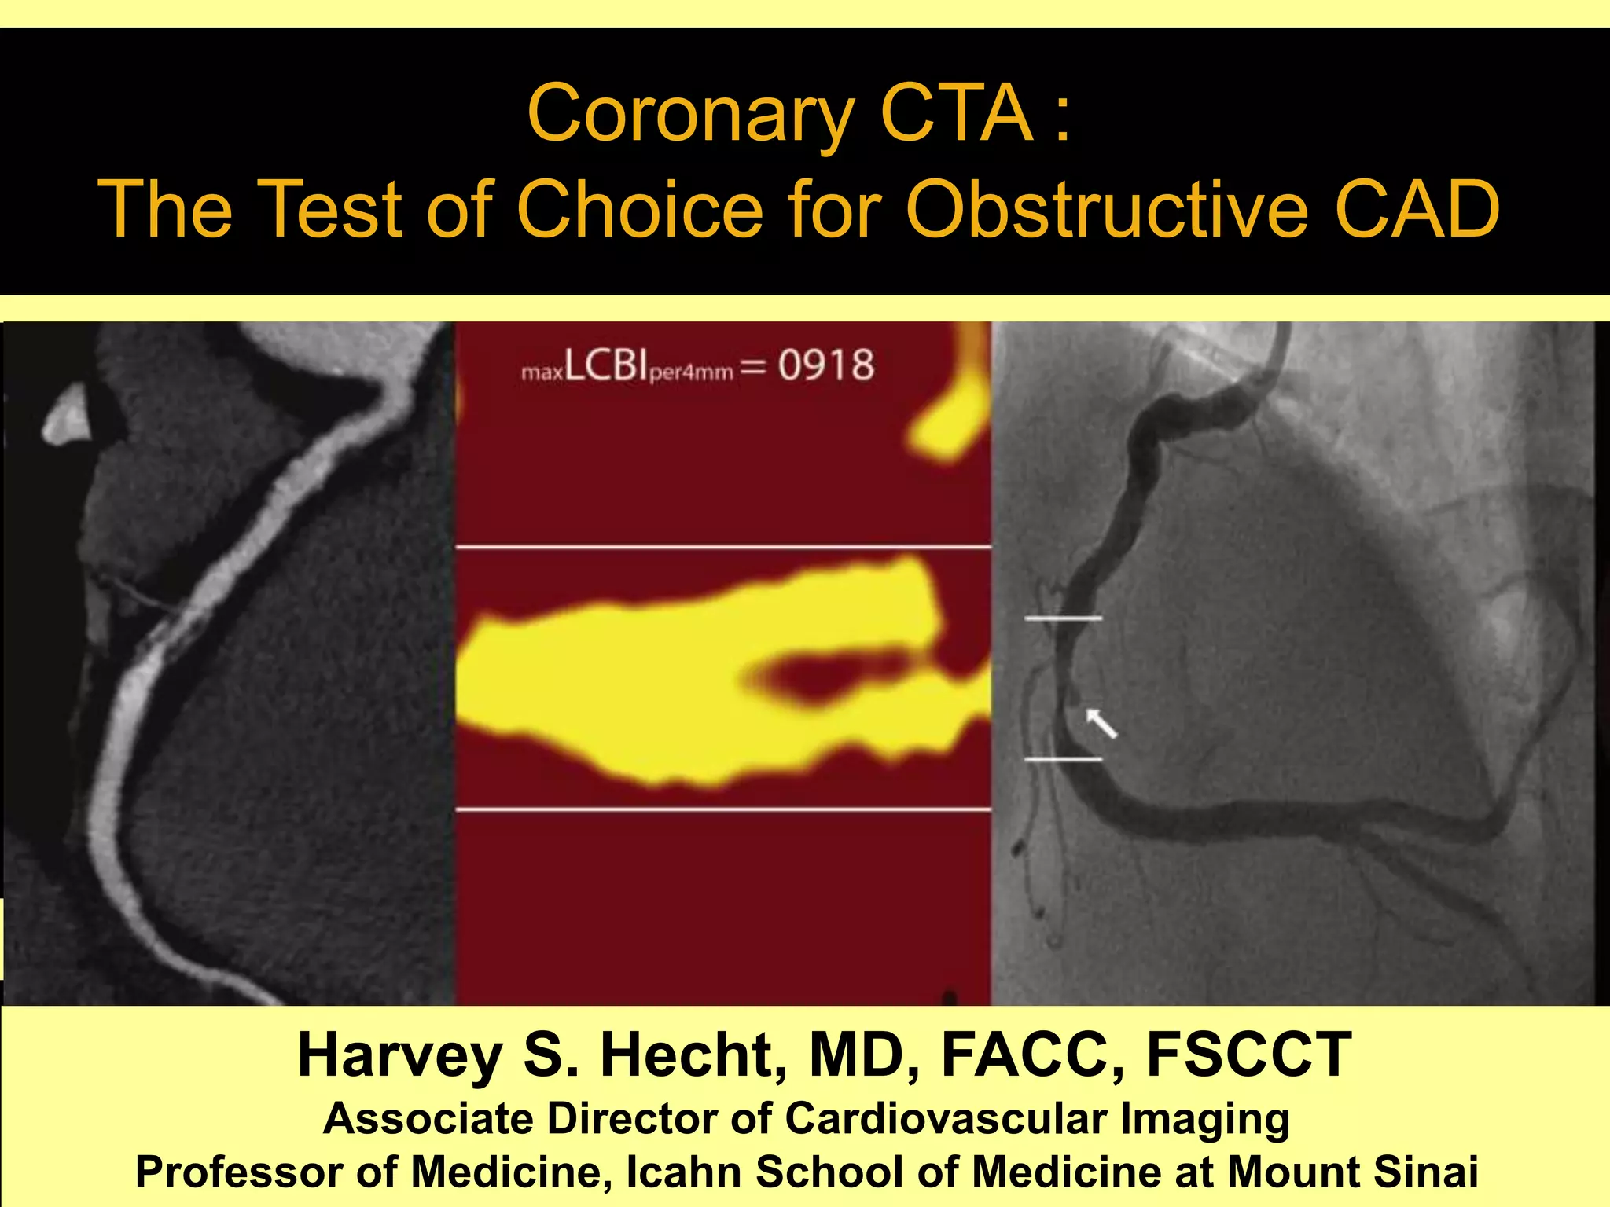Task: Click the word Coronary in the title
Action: tap(690, 116)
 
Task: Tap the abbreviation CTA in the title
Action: tap(956, 114)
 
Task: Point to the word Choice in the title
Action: tap(639, 209)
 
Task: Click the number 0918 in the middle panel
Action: tap(825, 366)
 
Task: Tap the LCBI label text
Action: tap(605, 366)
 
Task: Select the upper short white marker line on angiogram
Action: tap(1063, 619)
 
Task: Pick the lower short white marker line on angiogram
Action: tap(1063, 759)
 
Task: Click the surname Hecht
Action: tap(693, 1055)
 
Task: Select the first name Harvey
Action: tap(399, 1055)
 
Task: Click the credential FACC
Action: tap(1031, 1055)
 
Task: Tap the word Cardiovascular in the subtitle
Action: tap(946, 1118)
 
